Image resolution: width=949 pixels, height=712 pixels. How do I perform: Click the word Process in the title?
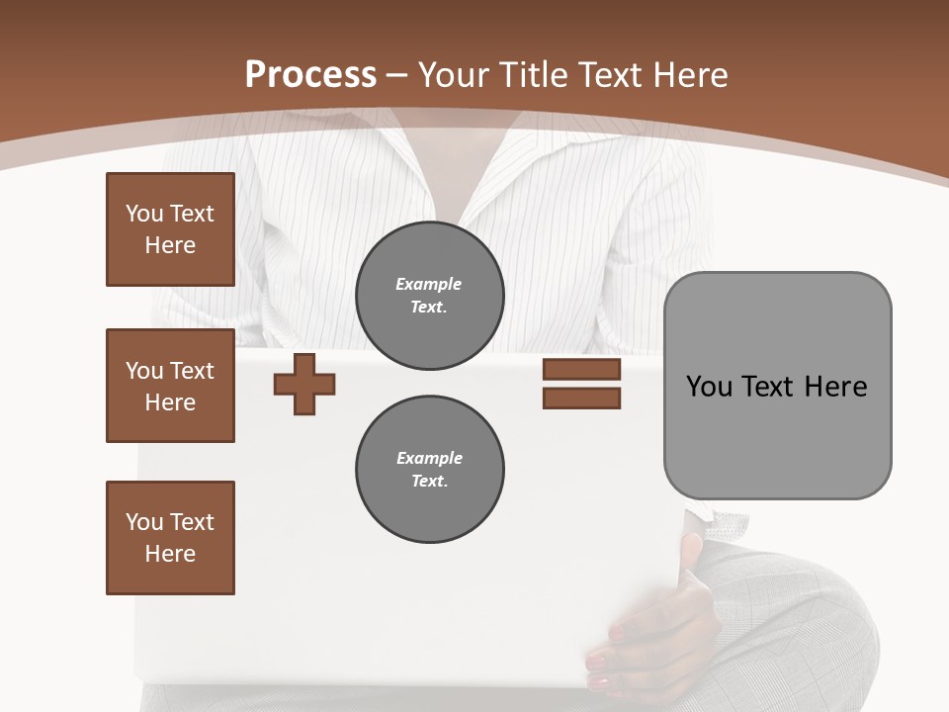coord(310,75)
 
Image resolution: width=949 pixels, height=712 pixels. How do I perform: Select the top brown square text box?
coord(170,229)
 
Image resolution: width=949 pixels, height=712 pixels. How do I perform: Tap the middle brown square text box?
coord(170,386)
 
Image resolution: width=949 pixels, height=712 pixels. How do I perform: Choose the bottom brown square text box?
coord(170,538)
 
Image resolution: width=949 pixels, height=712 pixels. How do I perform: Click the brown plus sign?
coord(304,384)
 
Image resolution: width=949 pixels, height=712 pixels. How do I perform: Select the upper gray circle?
coord(429,296)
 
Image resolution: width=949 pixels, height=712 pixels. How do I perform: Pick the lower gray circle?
coord(429,470)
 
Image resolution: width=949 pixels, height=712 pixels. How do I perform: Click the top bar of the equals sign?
coord(581,370)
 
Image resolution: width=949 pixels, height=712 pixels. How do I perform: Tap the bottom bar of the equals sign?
coord(581,399)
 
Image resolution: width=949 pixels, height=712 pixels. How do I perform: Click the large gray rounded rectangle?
coord(777,435)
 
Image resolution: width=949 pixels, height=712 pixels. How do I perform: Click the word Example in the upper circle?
coord(429,284)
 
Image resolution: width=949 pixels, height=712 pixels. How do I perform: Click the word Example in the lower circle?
coord(429,458)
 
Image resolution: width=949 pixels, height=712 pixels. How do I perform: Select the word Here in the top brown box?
coord(170,245)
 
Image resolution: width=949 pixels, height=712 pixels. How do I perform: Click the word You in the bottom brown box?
coord(143,522)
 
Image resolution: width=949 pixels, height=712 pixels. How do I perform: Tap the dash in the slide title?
coord(397,76)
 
